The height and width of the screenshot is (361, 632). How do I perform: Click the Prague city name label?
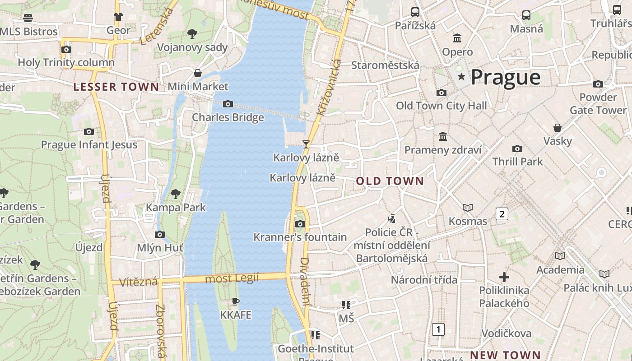pyautogui.click(x=505, y=77)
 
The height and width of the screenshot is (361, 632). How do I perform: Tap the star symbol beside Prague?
pyautogui.click(x=461, y=77)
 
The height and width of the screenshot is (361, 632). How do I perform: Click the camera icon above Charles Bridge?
pyautogui.click(x=228, y=104)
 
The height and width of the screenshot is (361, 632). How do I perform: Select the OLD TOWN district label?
pyautogui.click(x=390, y=181)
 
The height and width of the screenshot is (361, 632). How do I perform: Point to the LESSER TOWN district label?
pyautogui.click(x=116, y=87)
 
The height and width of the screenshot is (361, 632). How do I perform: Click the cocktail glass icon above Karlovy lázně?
pyautogui.click(x=306, y=144)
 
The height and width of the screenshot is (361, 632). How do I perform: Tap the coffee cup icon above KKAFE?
pyautogui.click(x=235, y=301)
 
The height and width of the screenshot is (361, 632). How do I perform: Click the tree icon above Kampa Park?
pyautogui.click(x=176, y=194)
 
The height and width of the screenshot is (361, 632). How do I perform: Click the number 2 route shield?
pyautogui.click(x=502, y=214)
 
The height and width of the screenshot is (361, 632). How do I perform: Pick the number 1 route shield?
pyautogui.click(x=438, y=329)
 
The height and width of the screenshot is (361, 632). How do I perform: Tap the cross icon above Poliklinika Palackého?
pyautogui.click(x=504, y=277)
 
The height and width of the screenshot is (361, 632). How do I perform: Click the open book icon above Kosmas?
pyautogui.click(x=468, y=208)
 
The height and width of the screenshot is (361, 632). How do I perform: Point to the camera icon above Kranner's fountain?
pyautogui.click(x=300, y=224)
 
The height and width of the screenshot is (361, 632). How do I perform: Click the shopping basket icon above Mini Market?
pyautogui.click(x=198, y=73)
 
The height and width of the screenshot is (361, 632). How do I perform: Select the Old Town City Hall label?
pyautogui.click(x=441, y=106)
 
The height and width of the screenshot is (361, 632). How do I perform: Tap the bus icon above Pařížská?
pyautogui.click(x=415, y=12)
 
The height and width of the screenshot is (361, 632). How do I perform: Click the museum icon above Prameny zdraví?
pyautogui.click(x=443, y=136)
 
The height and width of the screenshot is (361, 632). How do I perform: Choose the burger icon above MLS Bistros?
pyautogui.click(x=28, y=18)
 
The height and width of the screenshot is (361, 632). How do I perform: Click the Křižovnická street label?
pyautogui.click(x=328, y=88)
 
